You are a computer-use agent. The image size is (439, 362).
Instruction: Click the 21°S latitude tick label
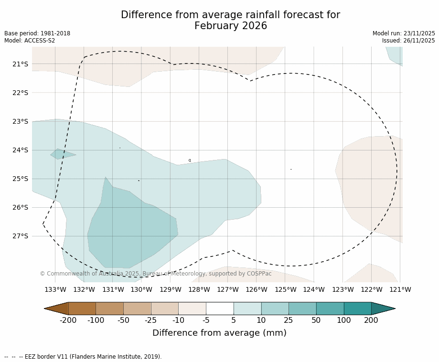coord(20,64)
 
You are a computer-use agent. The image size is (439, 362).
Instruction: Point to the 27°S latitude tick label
coord(20,236)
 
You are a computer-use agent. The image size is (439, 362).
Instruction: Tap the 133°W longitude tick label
coord(55,289)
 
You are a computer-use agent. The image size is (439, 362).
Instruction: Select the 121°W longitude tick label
coord(400,289)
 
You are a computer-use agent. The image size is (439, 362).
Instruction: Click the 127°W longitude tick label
coord(228,289)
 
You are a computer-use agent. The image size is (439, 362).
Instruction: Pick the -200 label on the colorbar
coord(68,320)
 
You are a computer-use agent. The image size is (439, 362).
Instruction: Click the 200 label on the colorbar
coord(371,320)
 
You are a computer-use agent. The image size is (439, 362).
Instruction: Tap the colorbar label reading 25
coord(289,320)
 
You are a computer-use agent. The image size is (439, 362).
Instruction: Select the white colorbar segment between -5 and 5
coord(220,309)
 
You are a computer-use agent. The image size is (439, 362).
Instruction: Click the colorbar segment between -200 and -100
coord(82,309)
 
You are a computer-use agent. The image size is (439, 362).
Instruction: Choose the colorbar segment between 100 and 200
coord(357,309)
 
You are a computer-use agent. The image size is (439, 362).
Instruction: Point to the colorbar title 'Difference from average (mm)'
coord(219,333)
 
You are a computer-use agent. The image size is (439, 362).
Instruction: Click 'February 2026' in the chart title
coord(230,26)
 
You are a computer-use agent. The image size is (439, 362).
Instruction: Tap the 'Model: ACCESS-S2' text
coord(30,41)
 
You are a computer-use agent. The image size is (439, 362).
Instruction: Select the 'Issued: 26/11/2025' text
coord(408,41)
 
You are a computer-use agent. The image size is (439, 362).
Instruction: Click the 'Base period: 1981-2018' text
coord(37,33)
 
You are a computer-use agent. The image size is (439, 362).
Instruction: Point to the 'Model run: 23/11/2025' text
coord(404,33)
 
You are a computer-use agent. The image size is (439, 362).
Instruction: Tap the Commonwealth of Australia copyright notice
coord(156,274)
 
